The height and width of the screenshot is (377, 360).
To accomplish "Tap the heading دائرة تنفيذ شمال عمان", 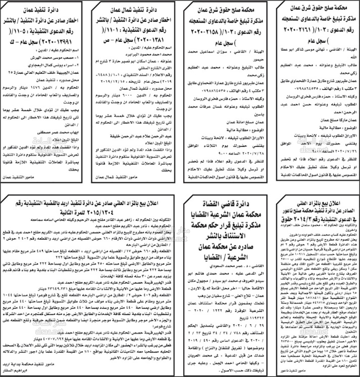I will click(x=135, y=8).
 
